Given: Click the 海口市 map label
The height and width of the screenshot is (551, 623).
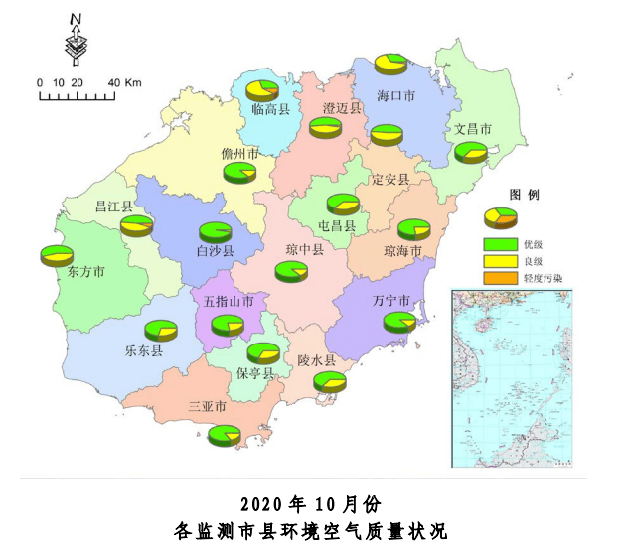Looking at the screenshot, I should click(x=395, y=96).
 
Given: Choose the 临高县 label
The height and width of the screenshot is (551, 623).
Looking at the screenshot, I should click(x=270, y=109).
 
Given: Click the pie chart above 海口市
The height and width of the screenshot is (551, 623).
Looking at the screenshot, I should click(x=391, y=64).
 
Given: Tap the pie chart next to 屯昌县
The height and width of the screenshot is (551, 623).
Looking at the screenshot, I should click(x=344, y=205).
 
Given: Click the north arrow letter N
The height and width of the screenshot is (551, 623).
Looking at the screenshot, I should click(x=77, y=19).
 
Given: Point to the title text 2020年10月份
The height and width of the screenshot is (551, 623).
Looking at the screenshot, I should click(x=311, y=502).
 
